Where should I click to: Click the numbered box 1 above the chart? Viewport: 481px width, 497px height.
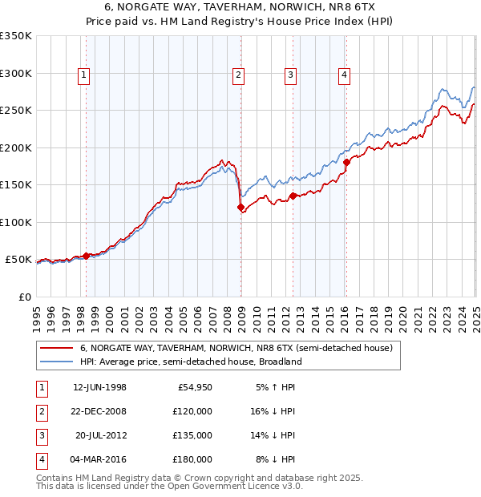[84, 76]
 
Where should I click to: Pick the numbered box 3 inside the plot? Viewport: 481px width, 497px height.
[290, 76]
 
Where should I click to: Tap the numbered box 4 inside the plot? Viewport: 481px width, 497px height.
[344, 76]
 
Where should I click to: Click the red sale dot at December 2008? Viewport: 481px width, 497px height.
[240, 208]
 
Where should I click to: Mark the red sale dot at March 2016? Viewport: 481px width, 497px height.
[346, 163]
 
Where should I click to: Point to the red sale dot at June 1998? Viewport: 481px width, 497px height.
[87, 256]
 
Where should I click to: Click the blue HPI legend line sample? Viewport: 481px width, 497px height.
[57, 362]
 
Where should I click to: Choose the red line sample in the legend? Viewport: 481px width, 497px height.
[57, 349]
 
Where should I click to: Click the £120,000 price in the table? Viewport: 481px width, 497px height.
[194, 411]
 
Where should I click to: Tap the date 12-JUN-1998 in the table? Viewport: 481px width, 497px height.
[99, 387]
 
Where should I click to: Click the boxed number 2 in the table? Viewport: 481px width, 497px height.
[41, 411]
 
